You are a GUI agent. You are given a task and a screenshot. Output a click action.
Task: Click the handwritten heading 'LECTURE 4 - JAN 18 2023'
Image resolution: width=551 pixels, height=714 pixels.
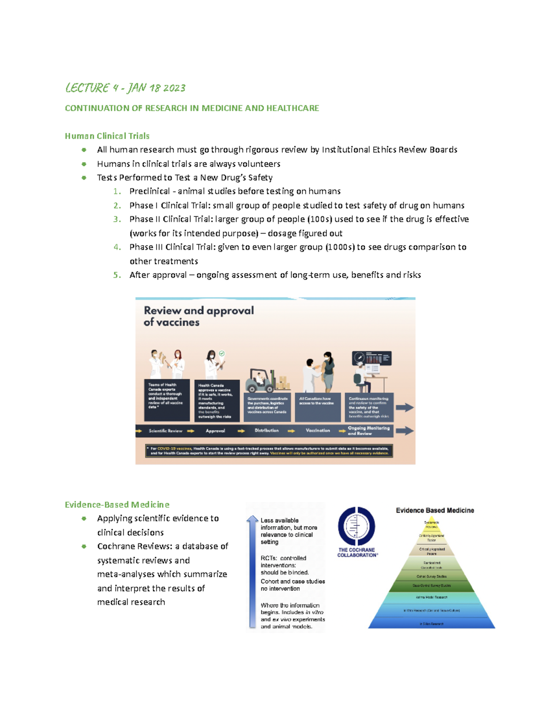tap(125, 88)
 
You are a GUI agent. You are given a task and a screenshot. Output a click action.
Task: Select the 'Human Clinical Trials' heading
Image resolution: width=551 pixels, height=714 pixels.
tap(107, 136)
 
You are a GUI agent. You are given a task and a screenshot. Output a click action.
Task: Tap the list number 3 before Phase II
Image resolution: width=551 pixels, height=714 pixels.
tap(117, 219)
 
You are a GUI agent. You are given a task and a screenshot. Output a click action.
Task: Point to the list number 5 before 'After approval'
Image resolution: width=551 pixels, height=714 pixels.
tap(117, 275)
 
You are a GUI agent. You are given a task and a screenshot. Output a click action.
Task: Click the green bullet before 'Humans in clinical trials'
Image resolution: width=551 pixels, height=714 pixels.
tap(84, 164)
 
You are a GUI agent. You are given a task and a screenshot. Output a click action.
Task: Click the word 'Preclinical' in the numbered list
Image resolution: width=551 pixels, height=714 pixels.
tap(150, 191)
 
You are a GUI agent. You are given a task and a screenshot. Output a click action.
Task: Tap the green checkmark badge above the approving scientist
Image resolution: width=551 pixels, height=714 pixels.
tap(222, 354)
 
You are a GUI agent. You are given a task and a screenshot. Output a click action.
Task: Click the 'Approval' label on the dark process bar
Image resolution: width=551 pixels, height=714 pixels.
tap(215, 431)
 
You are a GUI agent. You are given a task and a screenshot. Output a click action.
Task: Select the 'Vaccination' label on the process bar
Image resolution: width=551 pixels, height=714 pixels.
tap(318, 431)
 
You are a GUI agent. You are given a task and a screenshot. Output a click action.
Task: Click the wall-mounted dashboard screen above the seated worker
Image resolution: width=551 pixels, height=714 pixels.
tap(372, 358)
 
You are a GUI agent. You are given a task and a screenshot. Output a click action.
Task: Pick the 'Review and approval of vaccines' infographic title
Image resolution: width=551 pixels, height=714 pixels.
tap(198, 316)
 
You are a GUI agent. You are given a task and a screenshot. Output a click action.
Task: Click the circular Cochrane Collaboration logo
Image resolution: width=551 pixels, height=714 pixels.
tap(357, 526)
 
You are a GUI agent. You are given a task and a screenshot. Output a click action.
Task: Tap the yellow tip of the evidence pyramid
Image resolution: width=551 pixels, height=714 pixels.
tap(432, 525)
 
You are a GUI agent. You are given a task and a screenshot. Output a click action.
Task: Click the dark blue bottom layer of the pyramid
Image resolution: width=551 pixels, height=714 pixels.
tap(432, 623)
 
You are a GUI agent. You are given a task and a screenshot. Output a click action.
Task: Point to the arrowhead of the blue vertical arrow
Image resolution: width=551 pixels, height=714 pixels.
tap(252, 519)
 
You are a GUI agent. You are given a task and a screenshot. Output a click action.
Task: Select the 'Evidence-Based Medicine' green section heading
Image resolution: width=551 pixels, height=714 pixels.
tap(117, 505)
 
